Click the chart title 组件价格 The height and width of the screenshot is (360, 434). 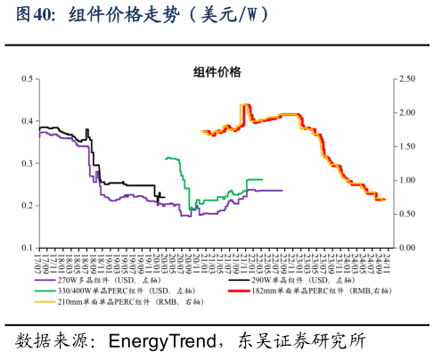click(217, 72)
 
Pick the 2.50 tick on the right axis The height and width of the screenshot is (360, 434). click(407, 78)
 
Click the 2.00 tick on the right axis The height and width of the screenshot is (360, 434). click(407, 112)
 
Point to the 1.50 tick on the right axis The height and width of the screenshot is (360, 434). click(407, 146)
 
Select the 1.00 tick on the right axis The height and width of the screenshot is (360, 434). click(407, 180)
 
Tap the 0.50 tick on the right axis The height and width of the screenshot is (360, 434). click(407, 213)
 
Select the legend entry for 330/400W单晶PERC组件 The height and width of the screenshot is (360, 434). click(111, 291)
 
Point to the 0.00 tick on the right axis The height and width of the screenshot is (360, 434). click(407, 247)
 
